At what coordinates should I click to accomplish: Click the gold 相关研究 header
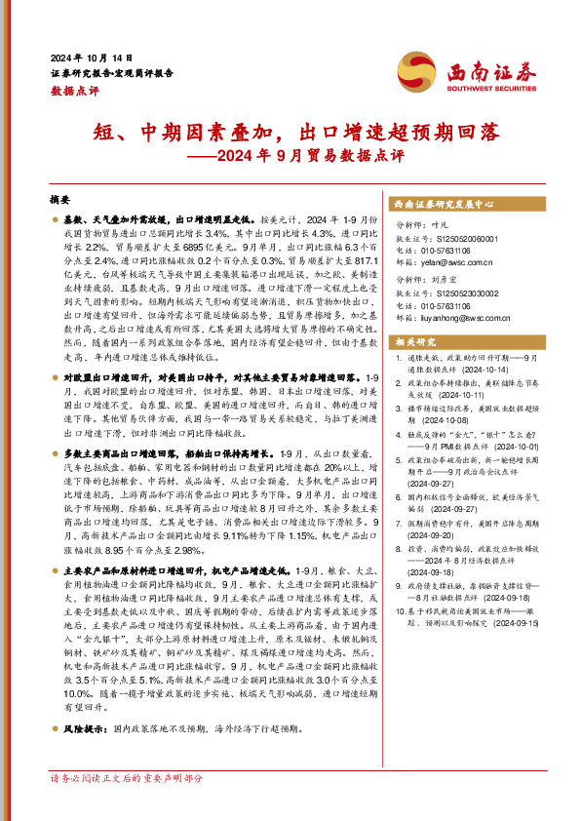tap(414, 342)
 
